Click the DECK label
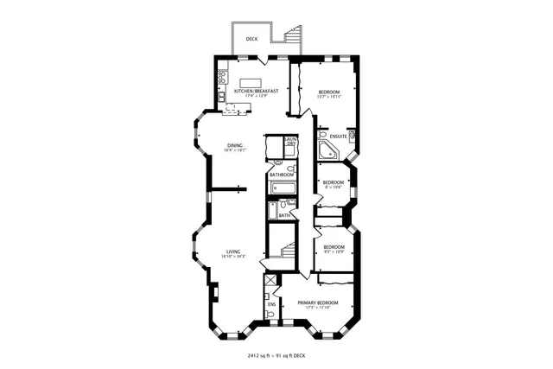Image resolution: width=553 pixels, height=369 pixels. (251, 39)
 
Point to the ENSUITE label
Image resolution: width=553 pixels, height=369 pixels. (338, 137)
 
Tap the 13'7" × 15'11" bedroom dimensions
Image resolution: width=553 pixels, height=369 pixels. (328, 97)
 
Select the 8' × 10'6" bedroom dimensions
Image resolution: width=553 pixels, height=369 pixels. (334, 187)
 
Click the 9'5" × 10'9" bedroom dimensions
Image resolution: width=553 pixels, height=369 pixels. (334, 251)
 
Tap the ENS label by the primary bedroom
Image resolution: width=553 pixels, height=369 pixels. (271, 304)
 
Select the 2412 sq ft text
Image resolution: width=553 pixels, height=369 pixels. (250, 354)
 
